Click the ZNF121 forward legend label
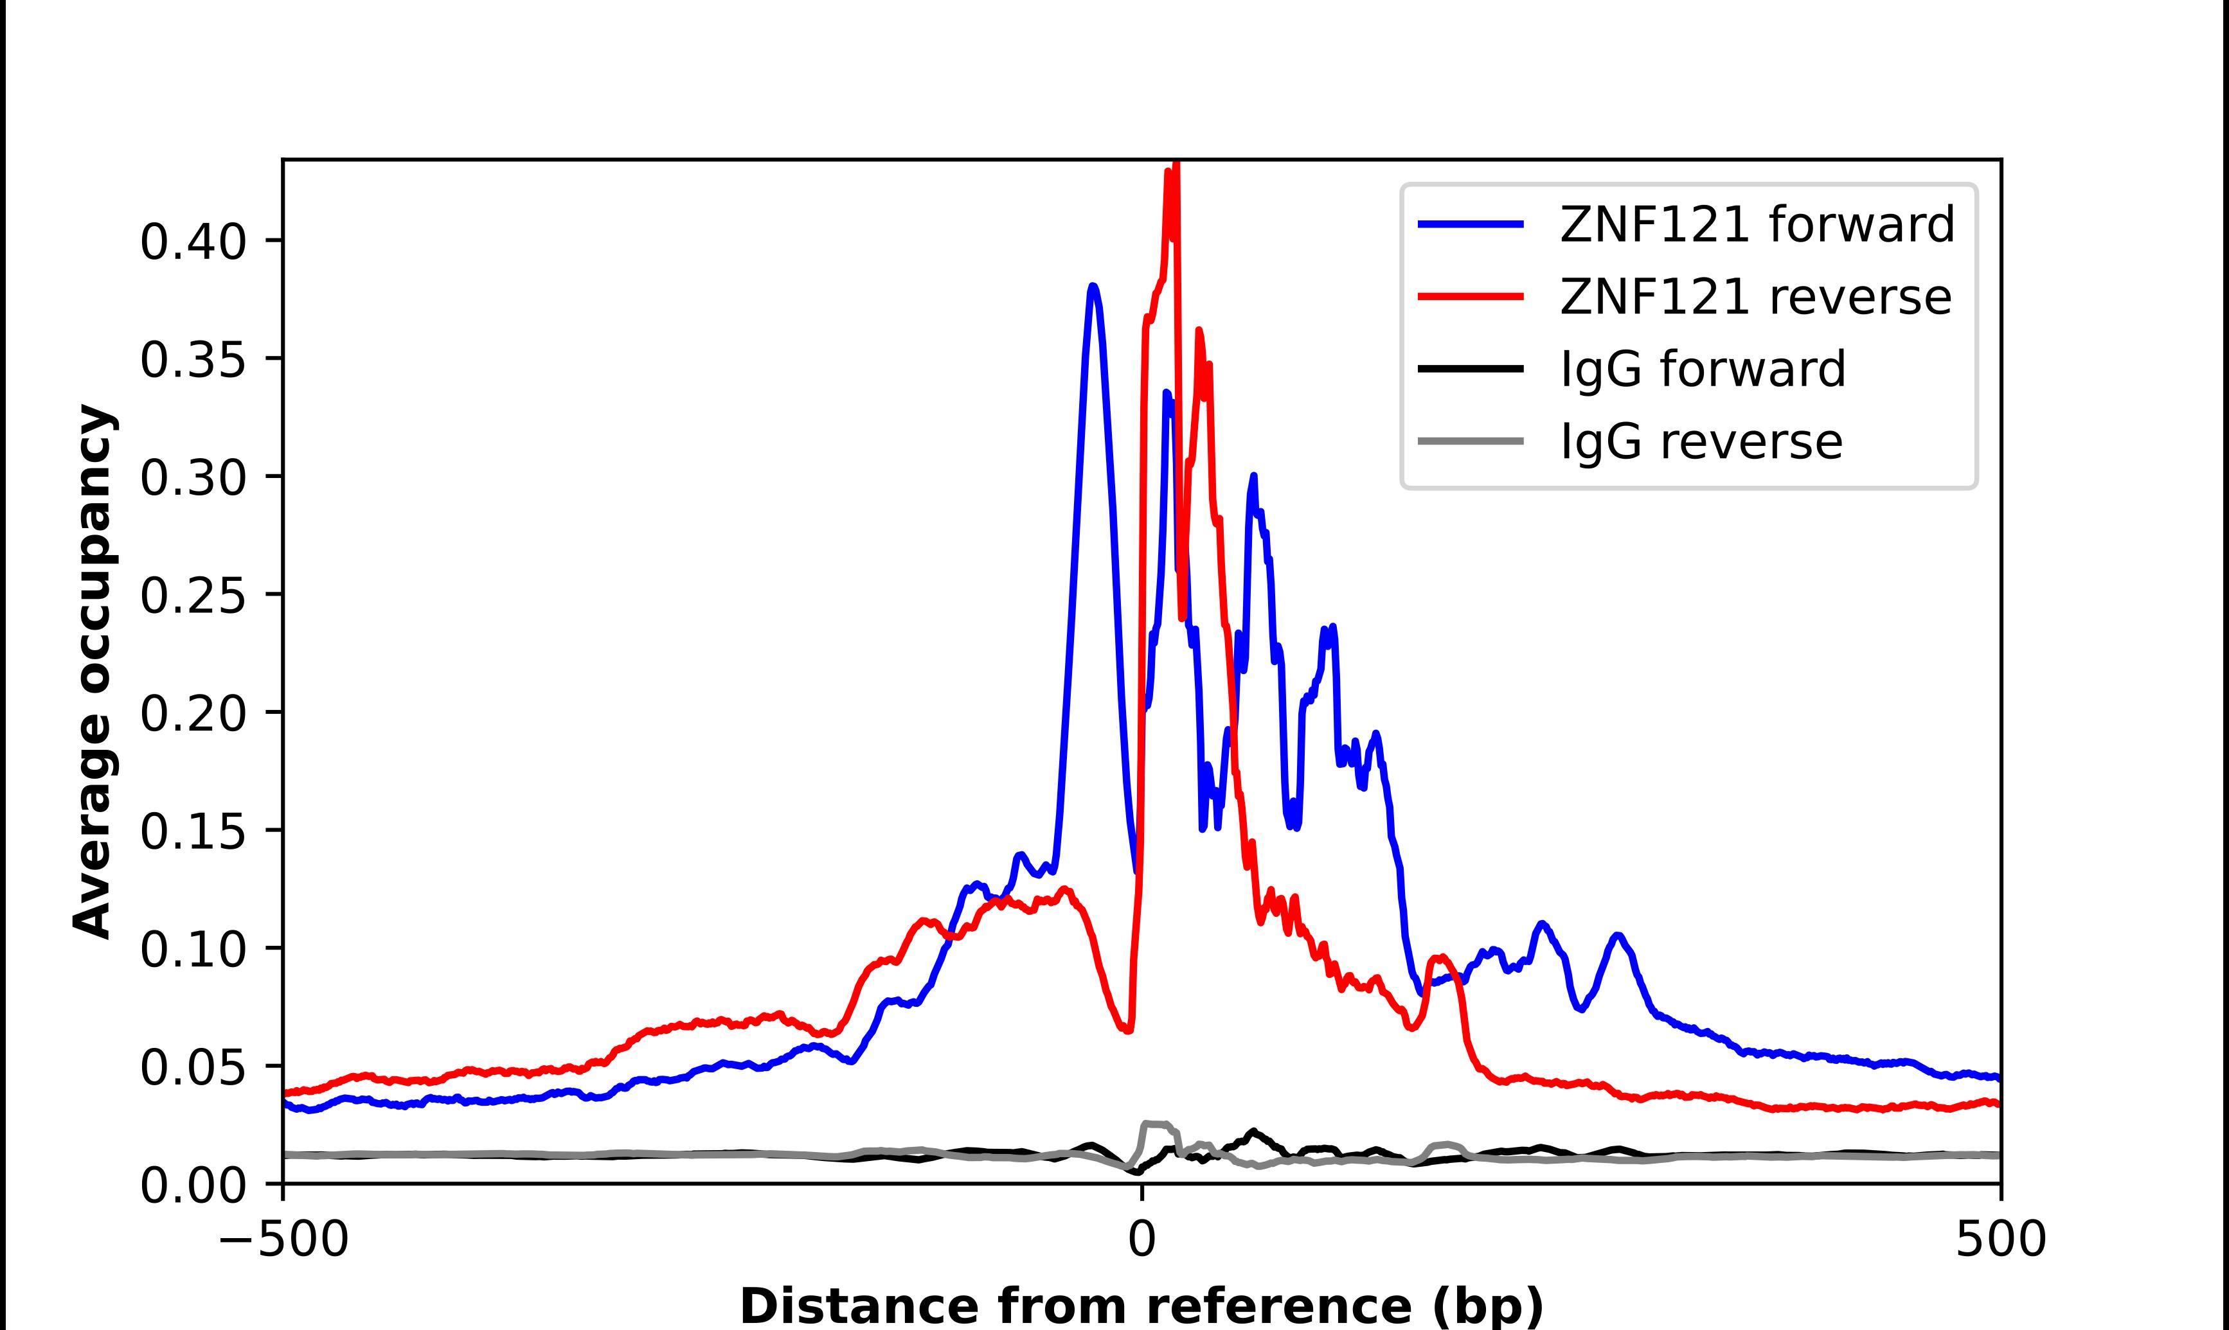1757,224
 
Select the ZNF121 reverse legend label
1755,297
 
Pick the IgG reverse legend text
1701,441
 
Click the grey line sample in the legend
1471,441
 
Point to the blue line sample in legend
1471,224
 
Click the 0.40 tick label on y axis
193,242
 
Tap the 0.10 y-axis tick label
193,949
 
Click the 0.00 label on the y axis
193,1185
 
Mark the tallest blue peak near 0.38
1093,287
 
